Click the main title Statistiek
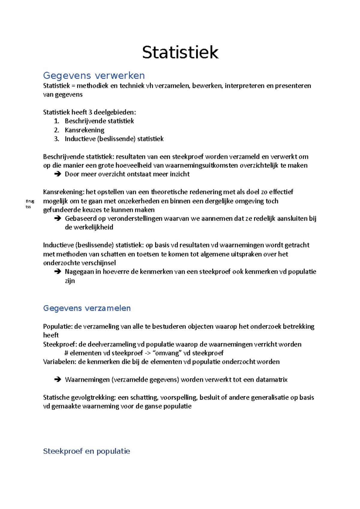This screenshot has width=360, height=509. coord(180,52)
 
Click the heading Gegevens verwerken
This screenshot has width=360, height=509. coord(94,75)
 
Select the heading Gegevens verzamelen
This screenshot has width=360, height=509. coord(87,308)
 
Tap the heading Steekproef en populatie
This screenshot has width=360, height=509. coord(86,451)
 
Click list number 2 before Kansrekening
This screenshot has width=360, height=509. coord(56,130)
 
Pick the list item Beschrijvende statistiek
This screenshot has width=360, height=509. coord(99,121)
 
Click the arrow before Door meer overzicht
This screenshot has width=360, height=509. coord(58,174)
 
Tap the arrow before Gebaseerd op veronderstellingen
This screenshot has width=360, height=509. coord(58,219)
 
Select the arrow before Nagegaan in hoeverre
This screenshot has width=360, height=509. coord(58,272)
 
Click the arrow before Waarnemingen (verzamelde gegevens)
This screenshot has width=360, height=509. coord(58,380)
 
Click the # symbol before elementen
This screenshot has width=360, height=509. coord(66,353)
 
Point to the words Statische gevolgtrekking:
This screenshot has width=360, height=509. coord(79,397)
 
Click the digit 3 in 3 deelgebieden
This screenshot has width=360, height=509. coord(90,112)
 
